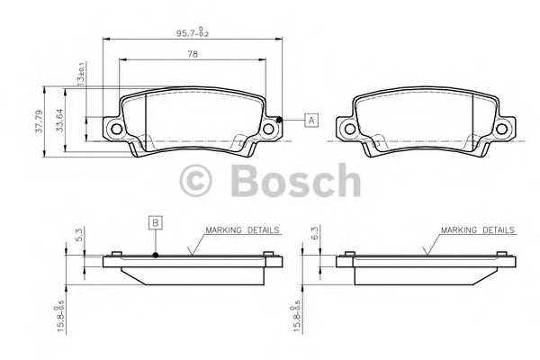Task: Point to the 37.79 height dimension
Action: click(x=39, y=121)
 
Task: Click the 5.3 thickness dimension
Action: click(x=78, y=236)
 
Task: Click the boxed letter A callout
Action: click(x=311, y=120)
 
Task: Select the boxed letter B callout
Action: click(x=155, y=221)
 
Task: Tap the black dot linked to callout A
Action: click(x=280, y=120)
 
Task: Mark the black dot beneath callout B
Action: click(x=155, y=254)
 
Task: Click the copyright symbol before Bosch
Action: click(x=197, y=181)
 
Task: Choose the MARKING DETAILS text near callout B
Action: click(x=242, y=230)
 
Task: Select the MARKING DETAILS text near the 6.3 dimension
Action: click(x=478, y=230)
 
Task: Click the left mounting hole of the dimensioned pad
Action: click(x=115, y=130)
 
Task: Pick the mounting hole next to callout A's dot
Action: click(x=268, y=130)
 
